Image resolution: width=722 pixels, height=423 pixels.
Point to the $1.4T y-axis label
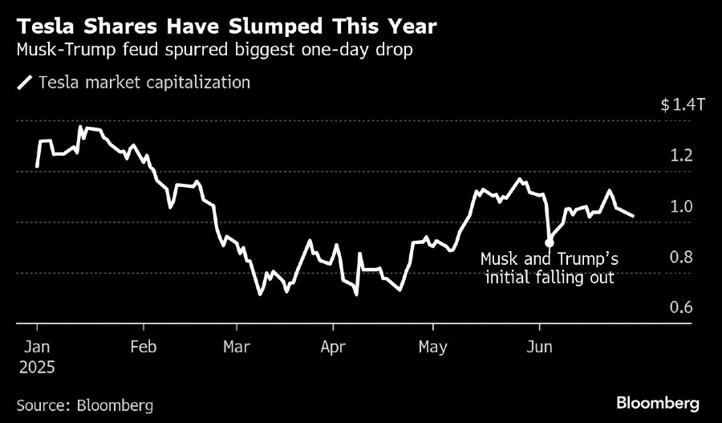pyautogui.click(x=681, y=105)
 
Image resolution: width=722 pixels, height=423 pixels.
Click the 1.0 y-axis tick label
pyautogui.click(x=680, y=206)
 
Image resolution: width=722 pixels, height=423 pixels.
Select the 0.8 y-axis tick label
pyautogui.click(x=680, y=258)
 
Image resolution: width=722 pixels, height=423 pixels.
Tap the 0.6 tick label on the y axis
pyautogui.click(x=680, y=308)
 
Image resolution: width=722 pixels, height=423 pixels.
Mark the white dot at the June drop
pyautogui.click(x=549, y=242)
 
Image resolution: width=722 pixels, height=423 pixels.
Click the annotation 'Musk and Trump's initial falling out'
pyautogui.click(x=549, y=269)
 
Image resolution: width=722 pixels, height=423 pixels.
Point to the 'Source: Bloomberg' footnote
pyautogui.click(x=84, y=405)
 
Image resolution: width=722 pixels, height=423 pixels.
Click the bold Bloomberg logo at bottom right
pyautogui.click(x=658, y=403)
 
